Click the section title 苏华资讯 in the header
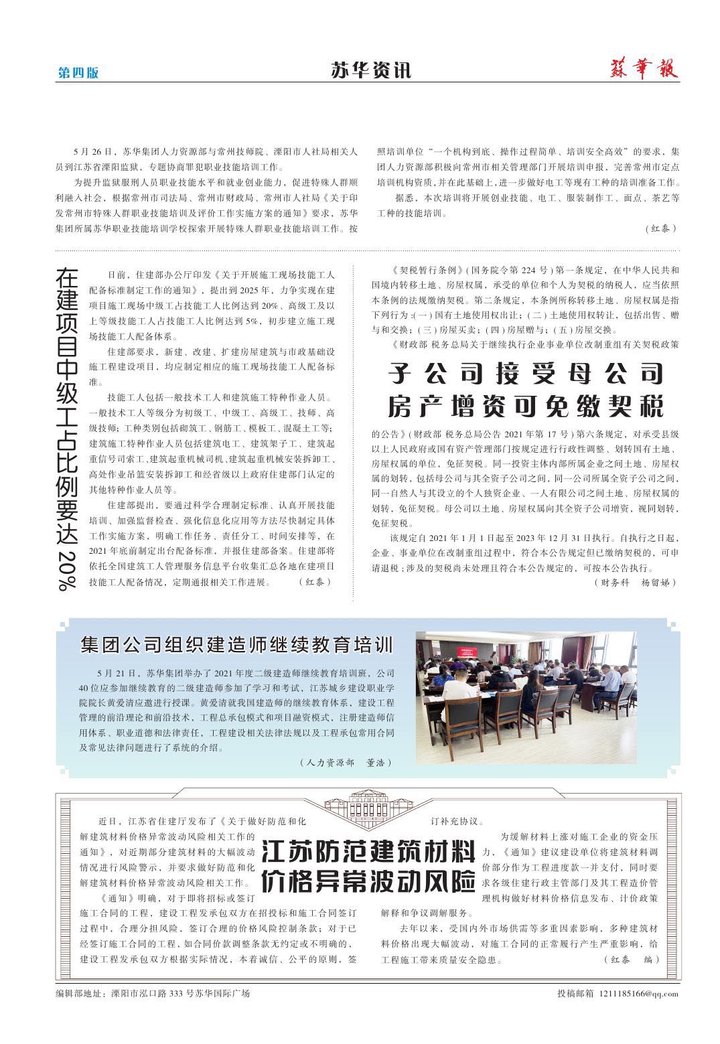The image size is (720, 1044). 370,70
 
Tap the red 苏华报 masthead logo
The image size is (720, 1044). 644,68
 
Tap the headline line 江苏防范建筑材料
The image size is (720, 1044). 368,852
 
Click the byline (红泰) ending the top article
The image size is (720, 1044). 661,228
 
